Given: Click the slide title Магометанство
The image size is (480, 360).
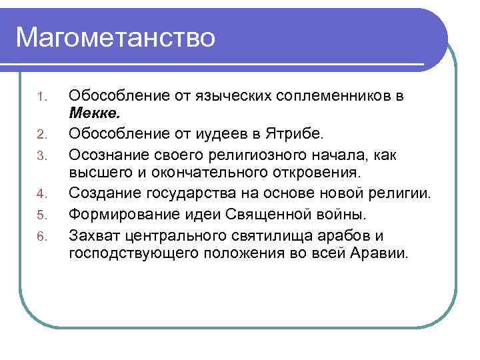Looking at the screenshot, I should tap(115, 37).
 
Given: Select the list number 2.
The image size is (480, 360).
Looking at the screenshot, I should tap(41, 136).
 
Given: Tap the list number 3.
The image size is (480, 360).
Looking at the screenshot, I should tap(41, 156).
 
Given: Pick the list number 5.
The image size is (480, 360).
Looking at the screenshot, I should tap(41, 215).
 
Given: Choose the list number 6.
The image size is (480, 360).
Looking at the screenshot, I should tap(41, 235).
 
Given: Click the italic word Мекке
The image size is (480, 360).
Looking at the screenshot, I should tap(94, 115).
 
